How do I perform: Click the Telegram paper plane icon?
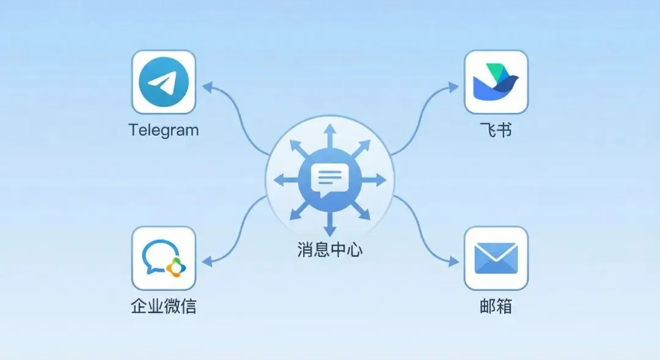click(x=163, y=82)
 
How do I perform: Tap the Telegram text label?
click(x=164, y=130)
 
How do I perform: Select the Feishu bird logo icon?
click(x=496, y=82)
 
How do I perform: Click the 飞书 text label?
click(x=496, y=130)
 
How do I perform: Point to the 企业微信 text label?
click(x=164, y=306)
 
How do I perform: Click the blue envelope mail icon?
click(x=496, y=258)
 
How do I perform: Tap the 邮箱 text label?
click(x=496, y=306)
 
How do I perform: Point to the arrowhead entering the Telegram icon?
click(x=206, y=87)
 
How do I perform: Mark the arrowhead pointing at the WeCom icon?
click(x=206, y=261)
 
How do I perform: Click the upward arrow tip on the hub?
click(x=330, y=128)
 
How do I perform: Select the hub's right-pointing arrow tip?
click(x=382, y=180)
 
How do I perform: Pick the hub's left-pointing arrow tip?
click(x=278, y=180)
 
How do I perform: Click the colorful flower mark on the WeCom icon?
click(x=175, y=266)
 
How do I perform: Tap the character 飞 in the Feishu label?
click(x=487, y=130)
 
